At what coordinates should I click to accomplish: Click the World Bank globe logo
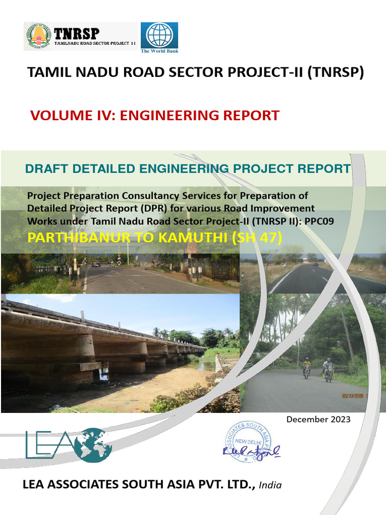point(159,35)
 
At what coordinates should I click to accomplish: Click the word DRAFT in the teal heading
point(43,169)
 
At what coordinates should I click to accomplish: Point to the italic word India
point(270,485)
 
